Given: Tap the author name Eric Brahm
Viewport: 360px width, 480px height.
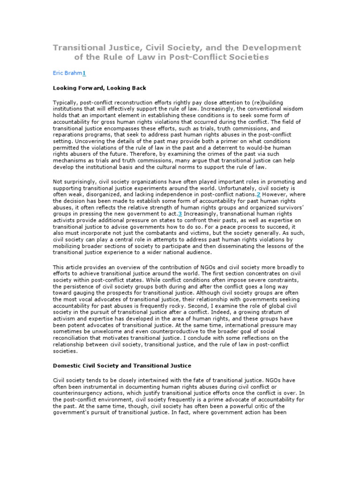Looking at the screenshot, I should [67, 73].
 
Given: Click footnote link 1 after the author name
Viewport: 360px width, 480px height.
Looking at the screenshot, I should [84, 73].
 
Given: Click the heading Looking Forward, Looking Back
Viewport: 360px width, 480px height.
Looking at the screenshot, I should [99, 88].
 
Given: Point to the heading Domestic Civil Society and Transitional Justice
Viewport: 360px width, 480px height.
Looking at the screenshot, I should [122, 365].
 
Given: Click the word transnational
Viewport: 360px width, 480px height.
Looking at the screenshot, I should [217, 213].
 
